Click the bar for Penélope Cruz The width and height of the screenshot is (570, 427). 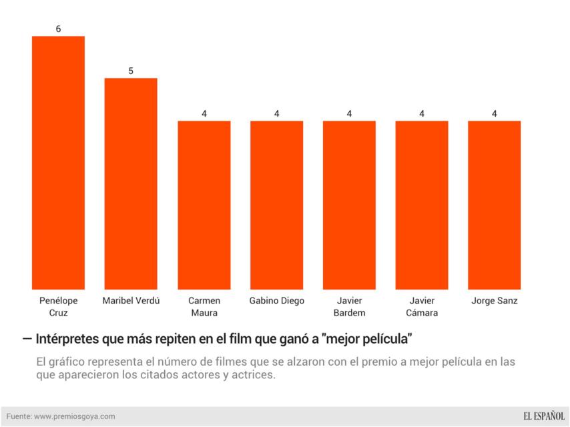pos(58,163)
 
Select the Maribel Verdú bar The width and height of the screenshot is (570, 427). pos(131,183)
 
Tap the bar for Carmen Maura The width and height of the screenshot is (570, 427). pos(204,205)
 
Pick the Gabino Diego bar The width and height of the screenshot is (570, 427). pos(276,205)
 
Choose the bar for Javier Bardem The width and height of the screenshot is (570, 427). pos(349,205)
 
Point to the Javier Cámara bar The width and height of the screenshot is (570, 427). pos(422,205)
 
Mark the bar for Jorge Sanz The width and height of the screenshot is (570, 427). pos(495,205)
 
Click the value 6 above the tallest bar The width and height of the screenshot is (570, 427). pos(58,29)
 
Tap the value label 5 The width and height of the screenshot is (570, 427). pos(131,71)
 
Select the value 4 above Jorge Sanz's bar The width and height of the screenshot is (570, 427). pos(495,113)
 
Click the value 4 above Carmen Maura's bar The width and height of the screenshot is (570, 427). pos(204,113)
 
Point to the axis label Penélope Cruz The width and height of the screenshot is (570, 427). pos(58,306)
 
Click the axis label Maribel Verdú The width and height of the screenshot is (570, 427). pos(131,301)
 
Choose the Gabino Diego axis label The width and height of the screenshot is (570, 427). pos(276,301)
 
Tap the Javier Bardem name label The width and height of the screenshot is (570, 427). pos(349,306)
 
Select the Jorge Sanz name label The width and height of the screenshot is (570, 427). pos(495,301)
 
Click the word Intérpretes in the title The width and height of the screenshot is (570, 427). pos(67,339)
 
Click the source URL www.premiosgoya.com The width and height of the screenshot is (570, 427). pos(74,416)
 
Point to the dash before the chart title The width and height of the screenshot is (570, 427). pos(27,338)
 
